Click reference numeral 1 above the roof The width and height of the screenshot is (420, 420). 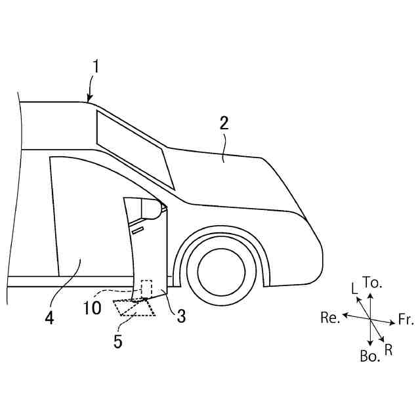coord(96,66)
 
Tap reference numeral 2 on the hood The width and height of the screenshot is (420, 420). coord(224,123)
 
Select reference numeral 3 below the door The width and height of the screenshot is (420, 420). coord(180,316)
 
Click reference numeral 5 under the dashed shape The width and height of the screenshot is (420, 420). coord(118,341)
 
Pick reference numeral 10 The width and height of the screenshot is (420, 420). coord(92,307)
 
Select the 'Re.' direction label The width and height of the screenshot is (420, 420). coord(330,318)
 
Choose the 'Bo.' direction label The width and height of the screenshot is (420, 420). coord(369,356)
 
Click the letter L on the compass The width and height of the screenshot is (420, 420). coord(354,289)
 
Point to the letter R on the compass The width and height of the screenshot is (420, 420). coord(388,350)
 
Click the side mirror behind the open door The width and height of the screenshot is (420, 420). coord(152,209)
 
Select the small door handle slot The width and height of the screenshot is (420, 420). coord(137,230)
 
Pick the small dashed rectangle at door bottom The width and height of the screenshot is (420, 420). coord(147,288)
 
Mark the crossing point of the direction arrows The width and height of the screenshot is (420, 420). coord(371,319)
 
